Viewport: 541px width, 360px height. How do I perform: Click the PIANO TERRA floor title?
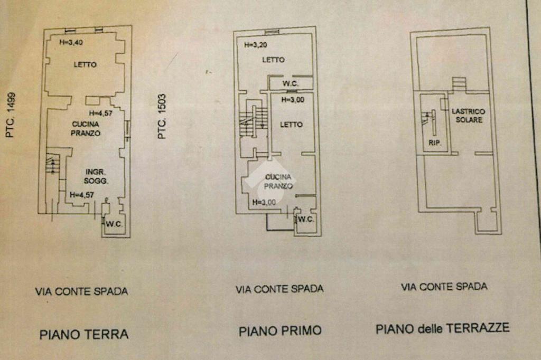click(84, 334)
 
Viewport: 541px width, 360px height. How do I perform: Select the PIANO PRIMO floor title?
click(280, 331)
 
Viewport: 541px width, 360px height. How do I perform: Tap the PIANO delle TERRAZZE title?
click(443, 328)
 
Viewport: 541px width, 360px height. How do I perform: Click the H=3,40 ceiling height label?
click(71, 43)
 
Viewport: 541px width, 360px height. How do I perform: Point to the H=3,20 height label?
click(256, 45)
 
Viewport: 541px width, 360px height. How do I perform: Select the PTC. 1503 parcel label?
click(162, 117)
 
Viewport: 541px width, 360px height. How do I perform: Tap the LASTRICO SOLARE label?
click(468, 116)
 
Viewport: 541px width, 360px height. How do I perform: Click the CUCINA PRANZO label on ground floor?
click(86, 129)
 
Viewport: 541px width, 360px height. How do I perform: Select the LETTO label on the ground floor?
click(85, 64)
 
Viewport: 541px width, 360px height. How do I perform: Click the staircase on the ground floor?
click(52, 164)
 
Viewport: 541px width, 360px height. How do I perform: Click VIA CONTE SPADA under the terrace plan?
click(444, 287)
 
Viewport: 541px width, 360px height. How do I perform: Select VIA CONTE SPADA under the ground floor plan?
click(81, 291)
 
